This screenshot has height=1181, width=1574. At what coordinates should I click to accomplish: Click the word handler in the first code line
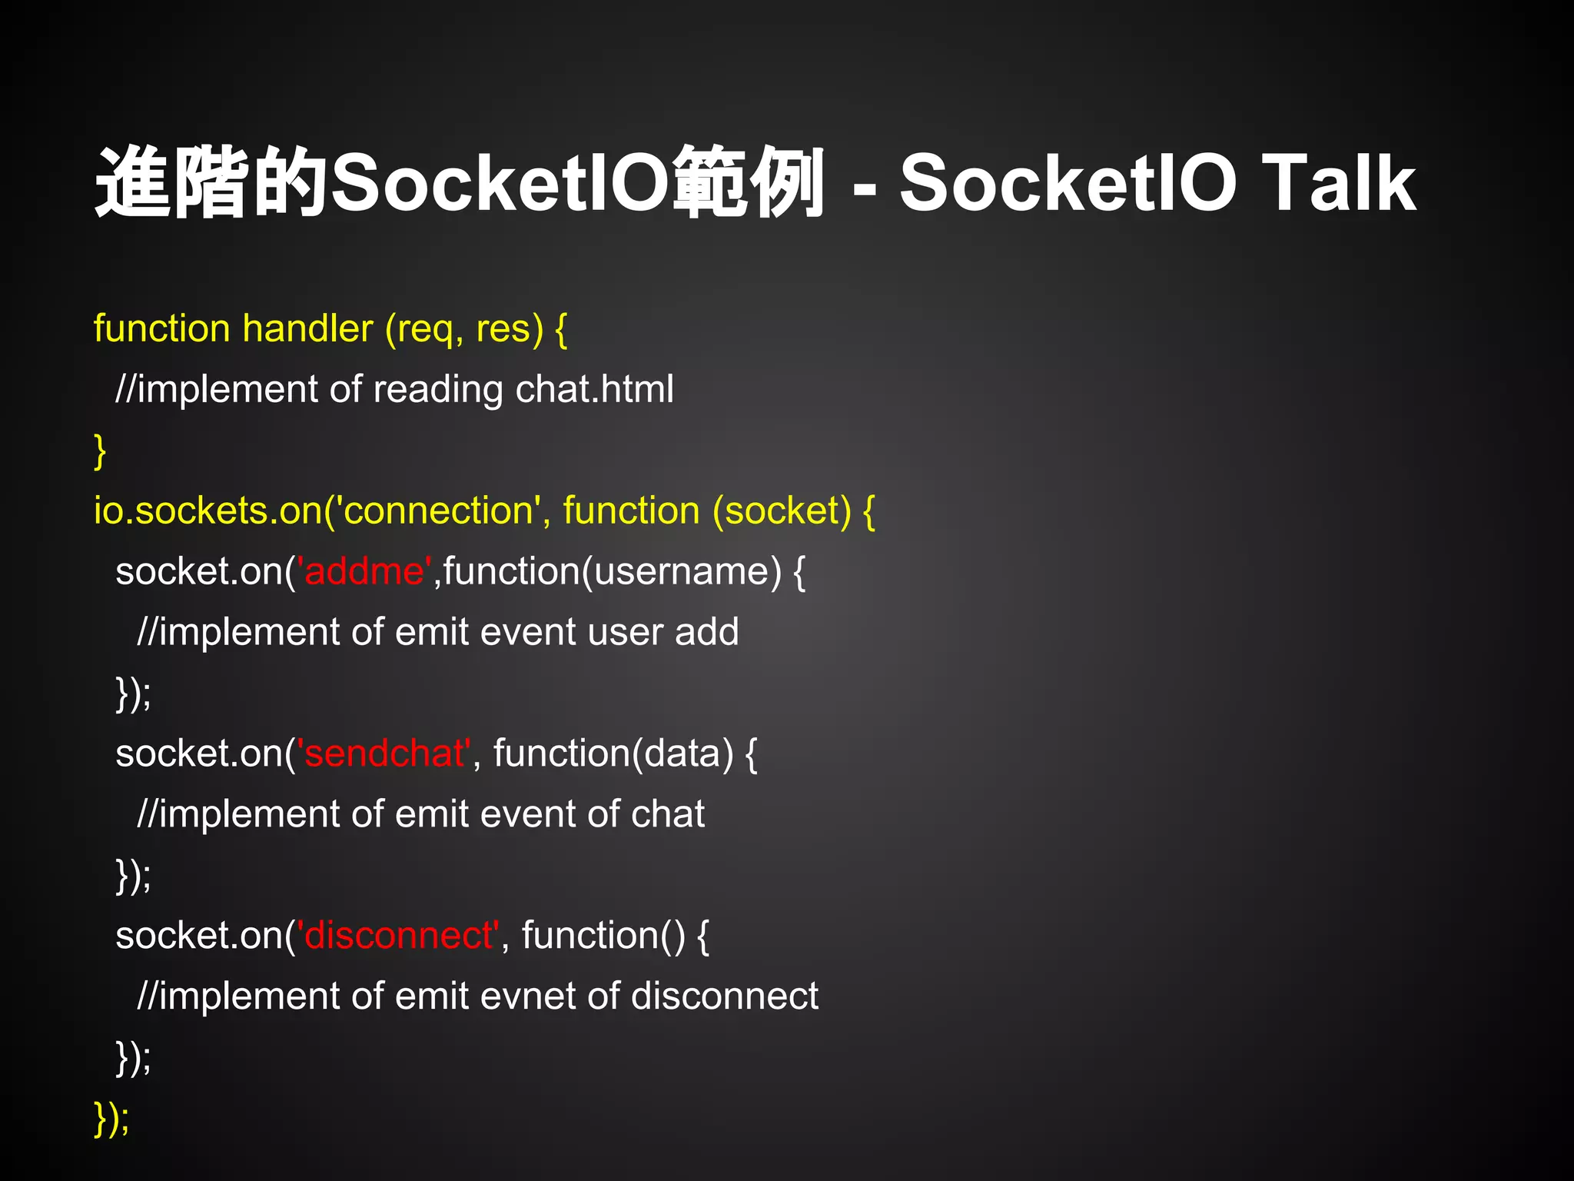pos(307,329)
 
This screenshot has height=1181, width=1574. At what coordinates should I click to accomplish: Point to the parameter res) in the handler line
pos(510,329)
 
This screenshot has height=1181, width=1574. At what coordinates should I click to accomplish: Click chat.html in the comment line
pos(594,389)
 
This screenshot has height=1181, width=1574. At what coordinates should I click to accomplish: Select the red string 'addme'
pos(364,571)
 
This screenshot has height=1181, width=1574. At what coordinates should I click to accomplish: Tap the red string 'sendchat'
pos(384,754)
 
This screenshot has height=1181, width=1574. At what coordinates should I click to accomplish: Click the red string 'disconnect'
pos(399,936)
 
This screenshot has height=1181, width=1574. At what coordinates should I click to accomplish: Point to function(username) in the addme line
pos(612,572)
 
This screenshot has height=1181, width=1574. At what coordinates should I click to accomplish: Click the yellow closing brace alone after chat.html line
pos(100,451)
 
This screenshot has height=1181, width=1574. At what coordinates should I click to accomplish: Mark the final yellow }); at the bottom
pos(111,1119)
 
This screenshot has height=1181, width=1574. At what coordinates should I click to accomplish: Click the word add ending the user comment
pos(706,633)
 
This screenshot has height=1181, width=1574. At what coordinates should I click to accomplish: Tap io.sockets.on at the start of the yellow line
pos(208,511)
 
